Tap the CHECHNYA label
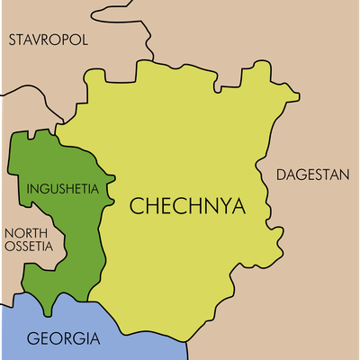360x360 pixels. coord(187,205)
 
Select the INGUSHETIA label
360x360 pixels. coord(69,189)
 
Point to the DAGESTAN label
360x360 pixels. coord(312,174)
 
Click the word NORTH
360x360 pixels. coord(28,229)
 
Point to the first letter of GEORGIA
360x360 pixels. coord(32,339)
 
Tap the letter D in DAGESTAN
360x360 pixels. coord(281,174)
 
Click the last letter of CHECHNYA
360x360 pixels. coord(237,205)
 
